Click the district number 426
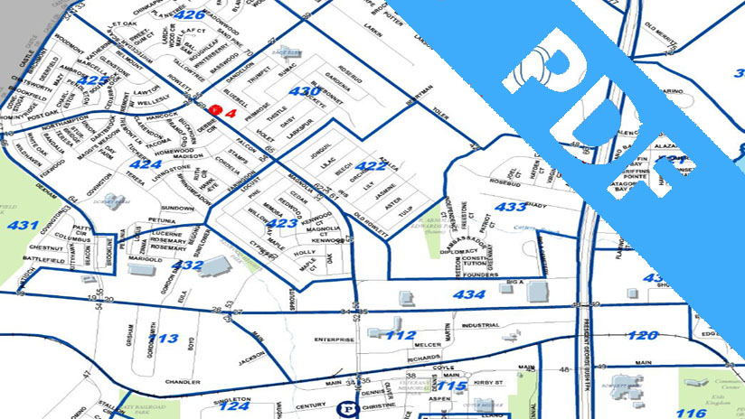coord(190,14)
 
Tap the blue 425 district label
coord(92,80)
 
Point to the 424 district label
coord(146,164)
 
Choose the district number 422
coord(371,165)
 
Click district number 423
coord(281,223)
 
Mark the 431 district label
coord(22,225)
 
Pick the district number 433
coord(512,207)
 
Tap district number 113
coord(165,339)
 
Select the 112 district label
coord(401,335)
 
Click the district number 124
coord(234,406)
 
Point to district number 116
coord(691,413)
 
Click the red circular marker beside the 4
coord(214,109)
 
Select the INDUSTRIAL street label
coord(479,325)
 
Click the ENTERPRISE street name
coord(333,340)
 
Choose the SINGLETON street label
coord(231,398)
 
